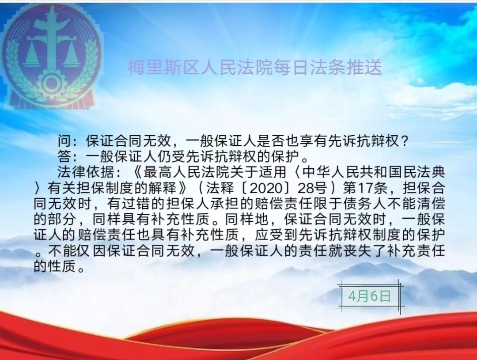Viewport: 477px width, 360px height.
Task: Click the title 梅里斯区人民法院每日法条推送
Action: click(x=255, y=68)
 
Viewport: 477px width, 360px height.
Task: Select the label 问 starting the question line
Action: click(x=64, y=141)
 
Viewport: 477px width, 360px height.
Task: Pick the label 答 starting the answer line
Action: click(x=64, y=156)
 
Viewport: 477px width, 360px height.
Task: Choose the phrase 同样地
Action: click(x=246, y=219)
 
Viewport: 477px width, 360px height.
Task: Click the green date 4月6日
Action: click(x=369, y=296)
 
